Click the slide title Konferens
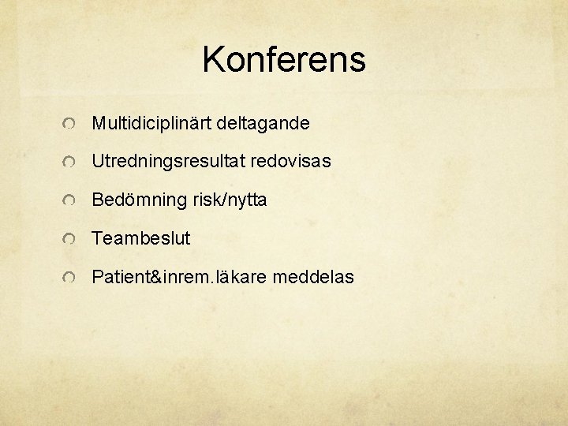click(284, 60)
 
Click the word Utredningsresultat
click(169, 162)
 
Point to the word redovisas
click(291, 162)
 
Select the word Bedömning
click(140, 200)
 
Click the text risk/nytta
click(230, 200)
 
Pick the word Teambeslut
click(141, 238)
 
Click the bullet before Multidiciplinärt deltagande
click(70, 125)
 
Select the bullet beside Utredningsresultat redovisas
click(70, 163)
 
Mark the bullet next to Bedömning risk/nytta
click(70, 201)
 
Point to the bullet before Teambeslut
click(70, 239)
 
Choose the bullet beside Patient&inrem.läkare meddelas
click(70, 278)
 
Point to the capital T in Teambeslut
click(97, 238)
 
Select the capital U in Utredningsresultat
click(98, 162)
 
